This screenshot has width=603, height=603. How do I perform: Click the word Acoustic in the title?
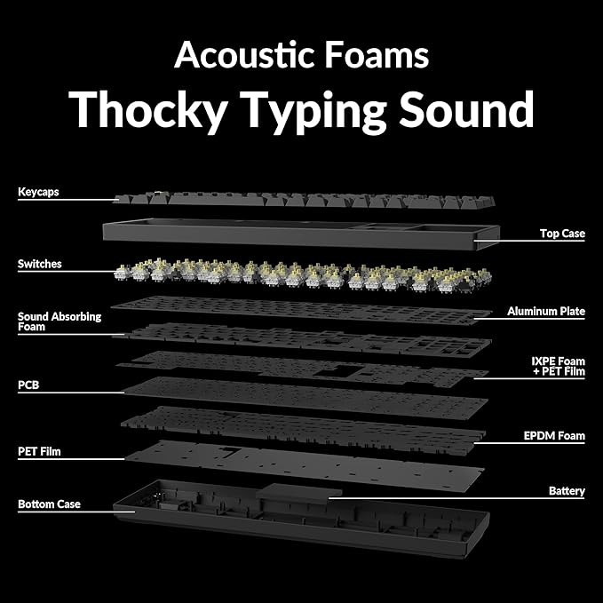point(244,55)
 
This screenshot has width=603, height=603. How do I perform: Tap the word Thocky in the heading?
point(148,110)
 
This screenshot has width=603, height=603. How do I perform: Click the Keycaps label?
point(38,192)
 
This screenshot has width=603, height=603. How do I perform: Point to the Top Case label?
point(562,234)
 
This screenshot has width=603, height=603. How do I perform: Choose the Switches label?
point(40,264)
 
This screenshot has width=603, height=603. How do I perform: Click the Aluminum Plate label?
point(546,311)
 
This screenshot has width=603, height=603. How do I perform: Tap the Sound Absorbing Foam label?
point(60,321)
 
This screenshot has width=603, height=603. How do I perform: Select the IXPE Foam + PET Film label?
point(559,367)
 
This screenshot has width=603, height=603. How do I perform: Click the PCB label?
point(28,385)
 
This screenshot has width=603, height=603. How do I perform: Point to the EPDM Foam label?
point(554,436)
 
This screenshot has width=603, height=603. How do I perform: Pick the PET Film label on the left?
point(39,451)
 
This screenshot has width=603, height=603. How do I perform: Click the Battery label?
point(567,491)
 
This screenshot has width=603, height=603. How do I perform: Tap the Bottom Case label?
point(49,504)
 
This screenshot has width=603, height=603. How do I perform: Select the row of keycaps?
point(305,201)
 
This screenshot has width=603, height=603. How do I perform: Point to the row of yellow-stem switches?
point(303,274)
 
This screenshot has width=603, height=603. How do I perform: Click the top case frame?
point(301,234)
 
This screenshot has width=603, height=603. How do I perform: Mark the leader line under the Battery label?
point(456,498)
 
